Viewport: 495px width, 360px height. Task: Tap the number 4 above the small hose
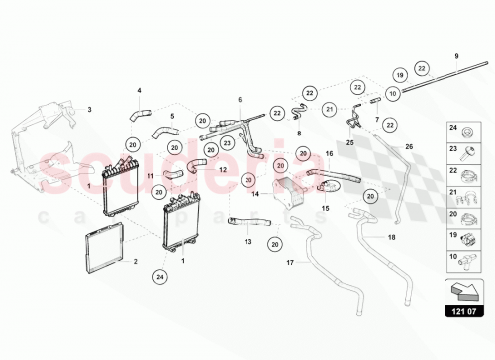(x=139, y=91)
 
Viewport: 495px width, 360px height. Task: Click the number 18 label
(x=392, y=238)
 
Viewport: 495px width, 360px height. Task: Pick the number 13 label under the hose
(x=248, y=241)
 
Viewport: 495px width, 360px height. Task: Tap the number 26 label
(x=407, y=147)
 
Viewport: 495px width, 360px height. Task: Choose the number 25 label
(x=349, y=143)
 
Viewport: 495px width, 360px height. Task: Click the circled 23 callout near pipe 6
(x=229, y=143)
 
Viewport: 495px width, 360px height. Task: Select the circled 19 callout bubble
(x=398, y=75)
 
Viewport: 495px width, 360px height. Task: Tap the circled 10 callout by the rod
(x=392, y=94)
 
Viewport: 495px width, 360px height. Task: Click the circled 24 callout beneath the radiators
(x=159, y=276)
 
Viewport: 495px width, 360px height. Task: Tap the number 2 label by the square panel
(x=136, y=262)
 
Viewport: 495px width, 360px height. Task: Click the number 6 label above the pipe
(x=240, y=100)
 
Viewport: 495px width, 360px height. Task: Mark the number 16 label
(x=329, y=154)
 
